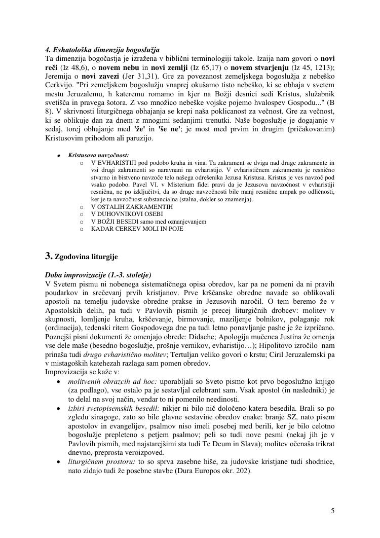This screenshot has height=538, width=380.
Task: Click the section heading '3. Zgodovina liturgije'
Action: point(82,257)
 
